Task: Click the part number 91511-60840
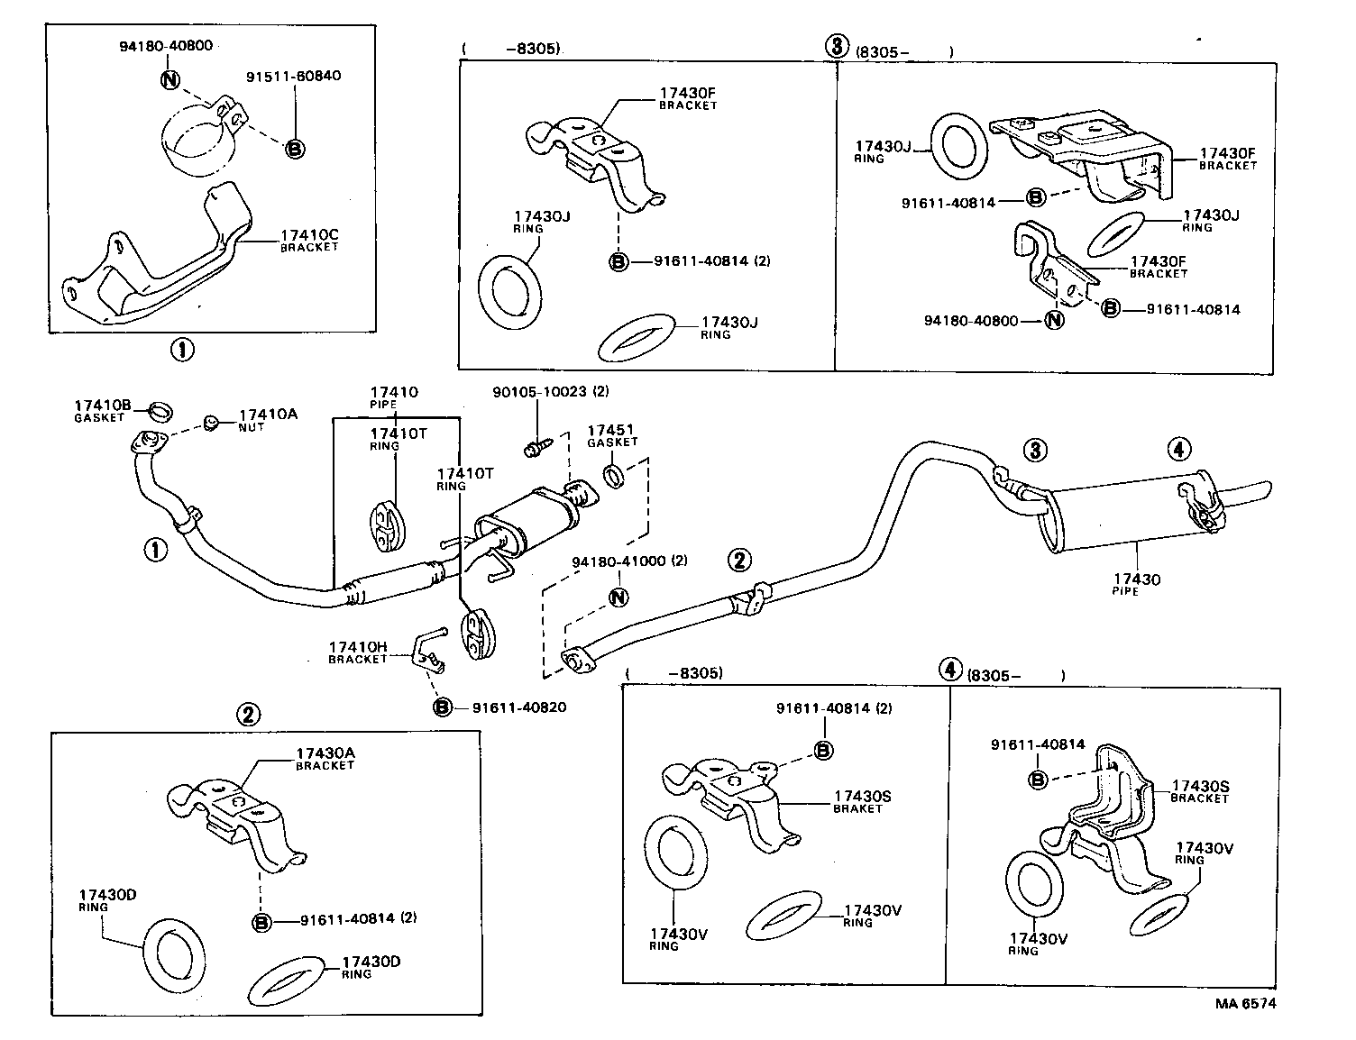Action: (x=293, y=76)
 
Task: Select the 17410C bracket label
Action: (x=308, y=236)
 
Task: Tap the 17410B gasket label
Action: (x=102, y=406)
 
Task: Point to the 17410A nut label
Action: (x=267, y=415)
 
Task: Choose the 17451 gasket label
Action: (x=612, y=432)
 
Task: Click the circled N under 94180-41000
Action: (x=618, y=597)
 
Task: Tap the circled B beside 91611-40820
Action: (x=442, y=707)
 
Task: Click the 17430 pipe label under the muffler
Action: (x=1136, y=579)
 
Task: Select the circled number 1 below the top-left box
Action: (x=182, y=350)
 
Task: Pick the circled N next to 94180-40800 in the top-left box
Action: (x=170, y=79)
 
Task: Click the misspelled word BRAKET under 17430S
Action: (x=857, y=809)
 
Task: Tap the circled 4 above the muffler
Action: (x=1178, y=448)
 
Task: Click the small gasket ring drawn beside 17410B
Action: (x=159, y=412)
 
